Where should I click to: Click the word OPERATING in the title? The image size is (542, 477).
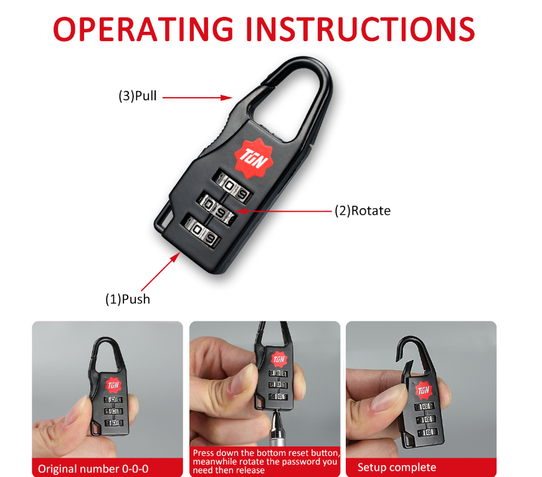tap(143, 29)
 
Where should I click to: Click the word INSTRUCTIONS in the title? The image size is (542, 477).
tap(365, 29)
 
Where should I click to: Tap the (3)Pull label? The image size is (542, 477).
tap(138, 96)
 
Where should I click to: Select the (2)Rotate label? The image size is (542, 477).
tap(363, 210)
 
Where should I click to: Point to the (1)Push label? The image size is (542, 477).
tap(128, 299)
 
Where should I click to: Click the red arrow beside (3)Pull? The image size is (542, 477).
tap(197, 98)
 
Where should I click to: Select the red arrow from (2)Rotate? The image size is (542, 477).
tap(283, 211)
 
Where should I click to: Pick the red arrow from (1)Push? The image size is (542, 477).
tap(161, 272)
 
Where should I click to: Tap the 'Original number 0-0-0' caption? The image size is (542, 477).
tap(93, 469)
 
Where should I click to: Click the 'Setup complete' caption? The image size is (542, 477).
tap(397, 467)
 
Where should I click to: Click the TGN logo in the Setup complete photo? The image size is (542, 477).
tap(424, 390)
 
